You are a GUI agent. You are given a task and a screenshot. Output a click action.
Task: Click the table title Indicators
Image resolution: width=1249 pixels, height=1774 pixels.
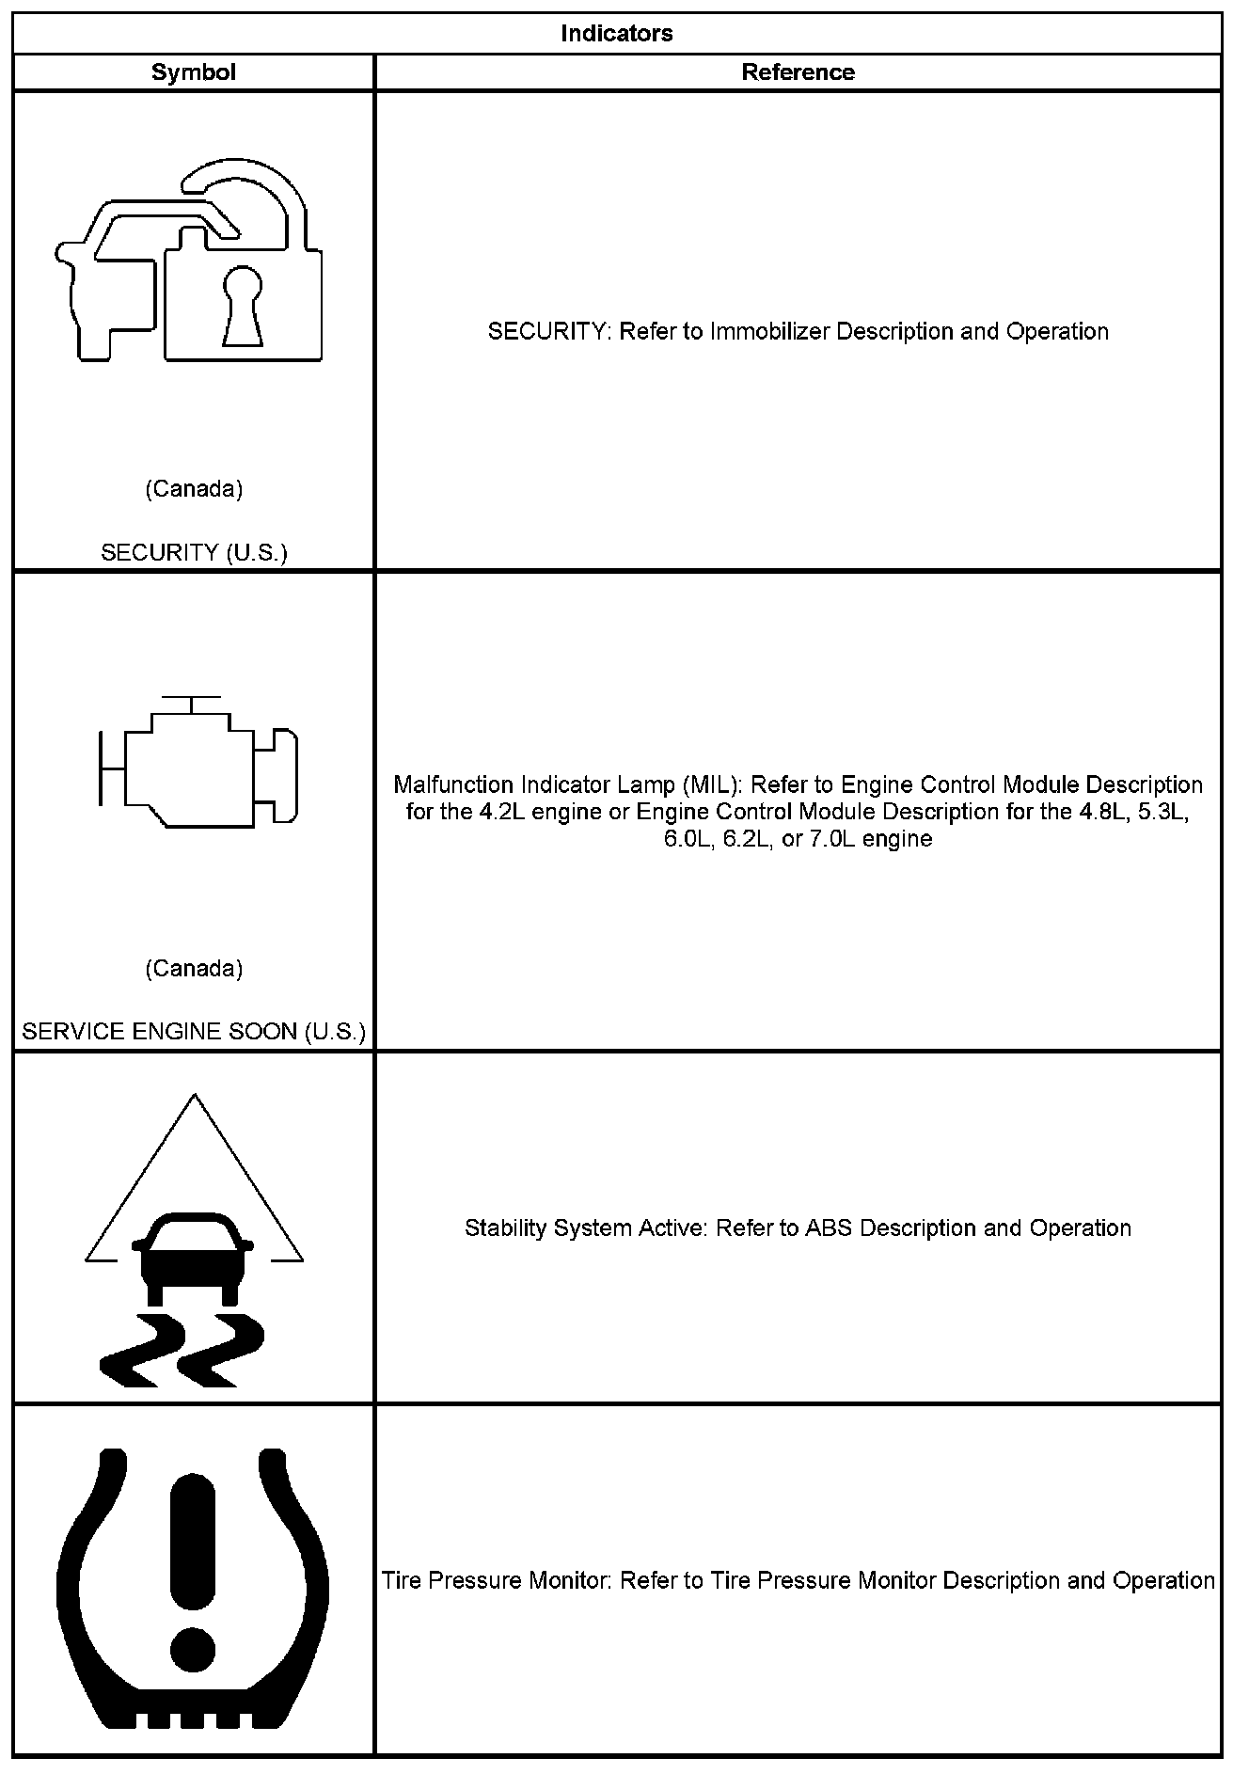coord(616,34)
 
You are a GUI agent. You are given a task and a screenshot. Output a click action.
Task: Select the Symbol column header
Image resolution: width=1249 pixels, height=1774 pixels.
coord(193,72)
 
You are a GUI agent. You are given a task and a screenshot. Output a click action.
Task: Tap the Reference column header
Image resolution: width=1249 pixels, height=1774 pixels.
coord(798,72)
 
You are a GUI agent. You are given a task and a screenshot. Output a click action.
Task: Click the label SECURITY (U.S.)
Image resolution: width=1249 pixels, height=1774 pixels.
coord(194,552)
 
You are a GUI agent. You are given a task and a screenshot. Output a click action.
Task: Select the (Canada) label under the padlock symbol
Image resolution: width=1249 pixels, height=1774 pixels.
coord(194,489)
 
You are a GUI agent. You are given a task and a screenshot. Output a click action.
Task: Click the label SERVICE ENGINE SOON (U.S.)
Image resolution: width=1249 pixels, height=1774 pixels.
coord(194,1032)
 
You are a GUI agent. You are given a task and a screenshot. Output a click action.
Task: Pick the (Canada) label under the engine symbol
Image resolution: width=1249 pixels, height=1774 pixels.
coord(194,969)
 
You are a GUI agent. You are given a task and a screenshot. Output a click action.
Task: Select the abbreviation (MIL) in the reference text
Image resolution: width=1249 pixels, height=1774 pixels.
coord(713,785)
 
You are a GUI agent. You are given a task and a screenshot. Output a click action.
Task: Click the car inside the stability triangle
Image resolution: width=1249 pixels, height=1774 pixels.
coord(194,1257)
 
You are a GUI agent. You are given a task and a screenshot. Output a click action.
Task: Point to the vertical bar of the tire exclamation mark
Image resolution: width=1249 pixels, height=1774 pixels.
coord(194,1543)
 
